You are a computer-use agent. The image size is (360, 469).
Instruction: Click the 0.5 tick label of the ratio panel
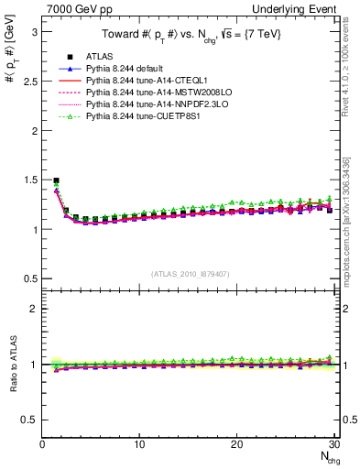(x=31, y=420)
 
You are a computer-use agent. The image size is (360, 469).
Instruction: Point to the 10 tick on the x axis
(x=139, y=444)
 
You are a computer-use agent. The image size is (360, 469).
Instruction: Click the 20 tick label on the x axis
(x=236, y=444)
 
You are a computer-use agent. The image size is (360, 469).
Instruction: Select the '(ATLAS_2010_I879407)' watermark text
(x=191, y=274)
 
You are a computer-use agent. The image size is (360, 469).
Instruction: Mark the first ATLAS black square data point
(x=56, y=181)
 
